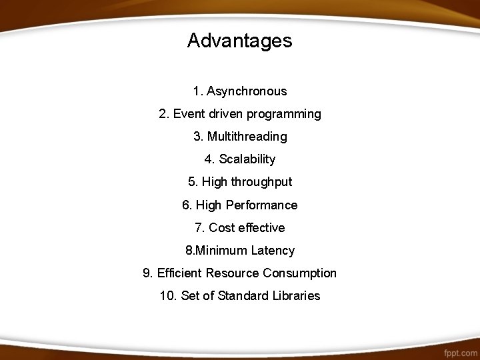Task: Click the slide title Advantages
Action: pyautogui.click(x=239, y=41)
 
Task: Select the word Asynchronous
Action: pyautogui.click(x=247, y=91)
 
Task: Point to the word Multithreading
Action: pyautogui.click(x=247, y=137)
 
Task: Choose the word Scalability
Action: pyautogui.click(x=247, y=159)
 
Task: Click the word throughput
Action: pyautogui.click(x=261, y=182)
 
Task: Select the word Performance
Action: pyautogui.click(x=262, y=205)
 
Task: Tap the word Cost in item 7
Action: pyautogui.click(x=222, y=228)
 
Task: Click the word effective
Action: pyautogui.click(x=262, y=228)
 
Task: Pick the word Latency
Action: pyautogui.click(x=273, y=251)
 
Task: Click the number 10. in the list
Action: pyautogui.click(x=168, y=296)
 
